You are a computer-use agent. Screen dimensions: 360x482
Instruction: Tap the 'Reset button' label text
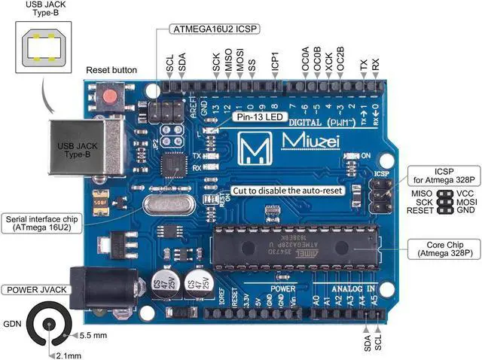pos(111,70)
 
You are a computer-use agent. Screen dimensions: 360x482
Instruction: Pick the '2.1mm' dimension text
pos(69,355)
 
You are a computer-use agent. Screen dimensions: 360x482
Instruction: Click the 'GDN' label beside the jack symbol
pos(12,324)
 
